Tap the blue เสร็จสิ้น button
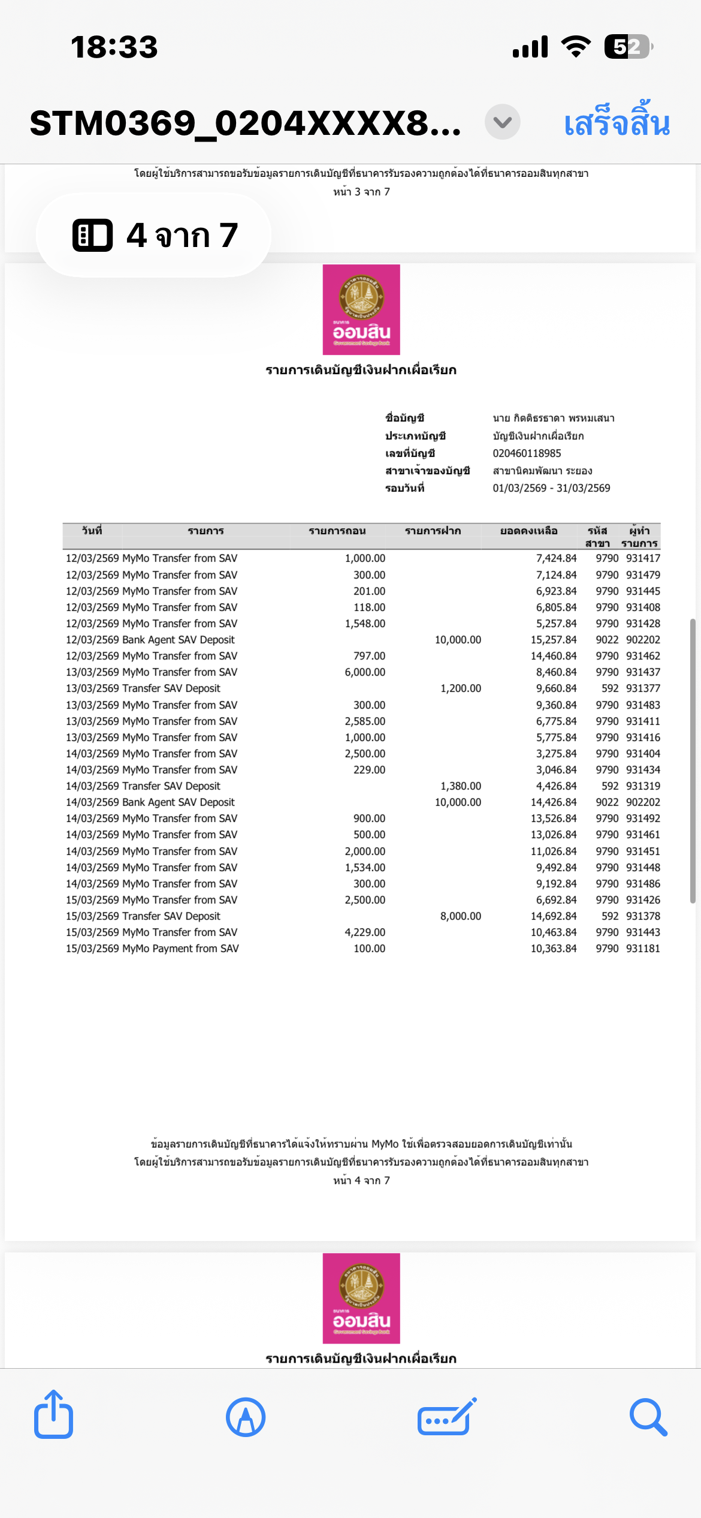[617, 123]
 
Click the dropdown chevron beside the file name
[502, 122]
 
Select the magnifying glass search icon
[648, 1417]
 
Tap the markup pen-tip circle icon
[246, 1417]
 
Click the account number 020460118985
[527, 453]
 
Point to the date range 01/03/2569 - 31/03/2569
[551, 488]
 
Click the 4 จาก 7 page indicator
[154, 235]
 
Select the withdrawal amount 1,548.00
[365, 624]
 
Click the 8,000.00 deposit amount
[460, 916]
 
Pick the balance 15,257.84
[554, 640]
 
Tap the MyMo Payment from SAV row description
[180, 948]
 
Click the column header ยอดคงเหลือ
[528, 531]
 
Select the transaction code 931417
[643, 558]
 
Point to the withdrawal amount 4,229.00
[365, 932]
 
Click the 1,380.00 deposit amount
[460, 786]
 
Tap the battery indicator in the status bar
[628, 47]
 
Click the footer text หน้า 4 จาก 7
[361, 1180]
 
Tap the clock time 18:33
[114, 47]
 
